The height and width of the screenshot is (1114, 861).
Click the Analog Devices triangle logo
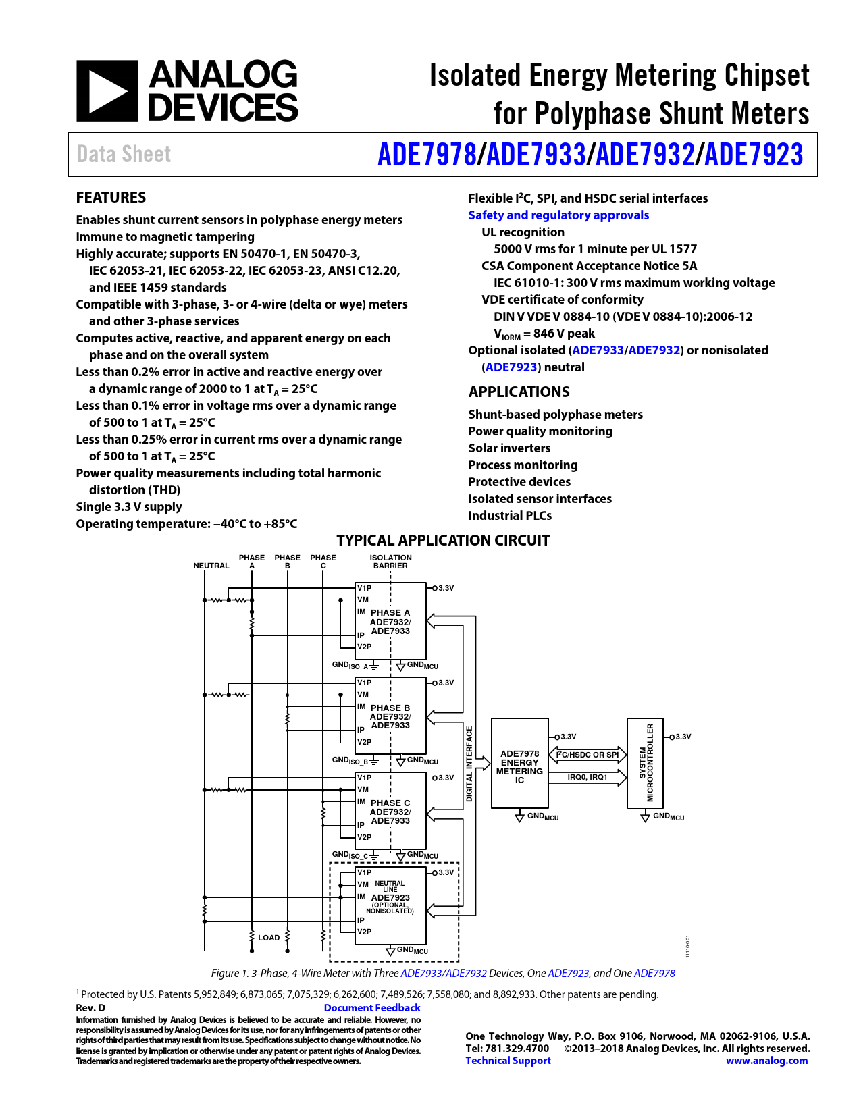107,90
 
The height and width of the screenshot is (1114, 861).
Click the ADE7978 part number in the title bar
427,155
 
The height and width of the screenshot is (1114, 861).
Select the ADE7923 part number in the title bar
754,155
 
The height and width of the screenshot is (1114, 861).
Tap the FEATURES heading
111,197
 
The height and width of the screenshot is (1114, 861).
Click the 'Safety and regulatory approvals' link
558,215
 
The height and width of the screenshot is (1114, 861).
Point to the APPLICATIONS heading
519,392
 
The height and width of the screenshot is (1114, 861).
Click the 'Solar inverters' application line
509,448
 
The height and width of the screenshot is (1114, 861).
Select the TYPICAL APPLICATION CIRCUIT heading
442,540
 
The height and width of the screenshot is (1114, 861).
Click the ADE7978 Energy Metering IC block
519,764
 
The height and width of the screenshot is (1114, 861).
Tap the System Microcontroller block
645,764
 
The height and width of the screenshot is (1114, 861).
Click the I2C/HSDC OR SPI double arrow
588,755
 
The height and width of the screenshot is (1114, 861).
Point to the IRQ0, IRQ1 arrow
588,778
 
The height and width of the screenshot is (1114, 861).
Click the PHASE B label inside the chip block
390,708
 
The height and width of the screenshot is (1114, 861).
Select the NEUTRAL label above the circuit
211,566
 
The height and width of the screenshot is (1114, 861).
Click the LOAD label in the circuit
269,938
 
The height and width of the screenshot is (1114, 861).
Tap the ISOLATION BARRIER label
391,562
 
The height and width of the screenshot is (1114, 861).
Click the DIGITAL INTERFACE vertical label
469,764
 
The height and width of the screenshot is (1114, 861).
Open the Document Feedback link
372,1008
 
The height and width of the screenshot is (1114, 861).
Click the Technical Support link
508,1061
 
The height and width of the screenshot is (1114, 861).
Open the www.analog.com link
766,1061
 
